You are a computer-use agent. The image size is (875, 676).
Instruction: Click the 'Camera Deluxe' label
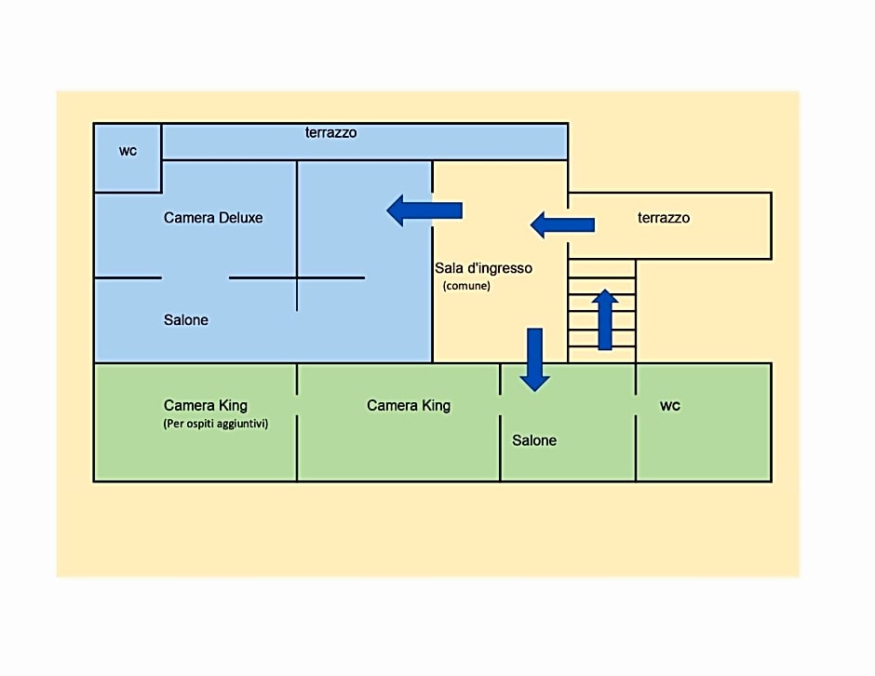[x=212, y=218]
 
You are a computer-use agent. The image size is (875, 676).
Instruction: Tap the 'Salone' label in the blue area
[x=186, y=320]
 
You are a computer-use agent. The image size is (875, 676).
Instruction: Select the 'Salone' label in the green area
[x=534, y=440]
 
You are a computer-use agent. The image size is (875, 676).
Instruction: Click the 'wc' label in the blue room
[x=128, y=151]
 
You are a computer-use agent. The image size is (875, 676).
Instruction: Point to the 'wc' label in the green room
[x=669, y=406]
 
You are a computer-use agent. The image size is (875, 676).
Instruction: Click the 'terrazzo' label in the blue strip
[x=330, y=133]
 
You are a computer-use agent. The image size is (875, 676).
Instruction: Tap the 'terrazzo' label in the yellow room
[x=664, y=218]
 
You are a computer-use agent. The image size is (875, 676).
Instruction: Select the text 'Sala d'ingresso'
[x=483, y=268]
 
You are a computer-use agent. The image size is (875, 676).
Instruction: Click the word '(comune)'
[x=466, y=286]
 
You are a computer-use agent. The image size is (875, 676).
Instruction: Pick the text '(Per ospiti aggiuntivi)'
[x=215, y=424]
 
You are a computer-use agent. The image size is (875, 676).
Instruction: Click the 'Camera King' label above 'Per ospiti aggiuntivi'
[x=206, y=405]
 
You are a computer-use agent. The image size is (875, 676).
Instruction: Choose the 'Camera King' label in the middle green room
[x=409, y=405]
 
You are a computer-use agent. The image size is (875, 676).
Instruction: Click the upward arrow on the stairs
[x=605, y=320]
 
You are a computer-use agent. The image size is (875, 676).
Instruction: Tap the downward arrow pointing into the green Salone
[x=534, y=359]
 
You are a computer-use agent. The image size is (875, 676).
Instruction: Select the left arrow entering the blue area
[x=424, y=210]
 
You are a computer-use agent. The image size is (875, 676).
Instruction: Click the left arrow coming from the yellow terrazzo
[x=562, y=225]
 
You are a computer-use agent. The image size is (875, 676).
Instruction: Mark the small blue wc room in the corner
[x=128, y=158]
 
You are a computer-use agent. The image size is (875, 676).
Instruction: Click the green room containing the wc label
[x=704, y=422]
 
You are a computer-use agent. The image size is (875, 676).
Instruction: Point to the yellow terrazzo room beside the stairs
[x=669, y=225]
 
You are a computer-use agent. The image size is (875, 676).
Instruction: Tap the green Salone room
[x=568, y=422]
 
